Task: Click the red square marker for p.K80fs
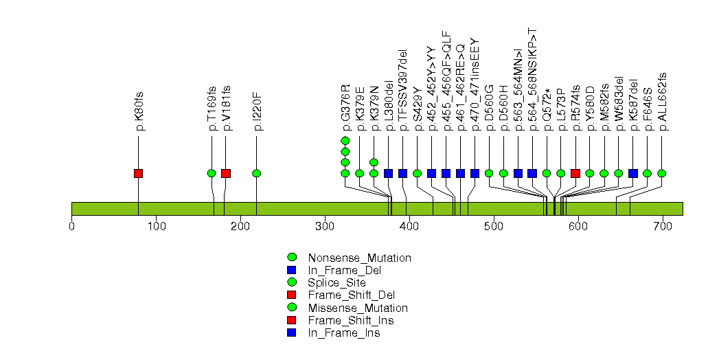pyautogui.click(x=138, y=173)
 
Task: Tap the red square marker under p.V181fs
pyautogui.click(x=226, y=173)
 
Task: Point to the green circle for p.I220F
pyautogui.click(x=256, y=173)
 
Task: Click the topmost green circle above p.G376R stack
pyautogui.click(x=345, y=141)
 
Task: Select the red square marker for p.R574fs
pyautogui.click(x=575, y=173)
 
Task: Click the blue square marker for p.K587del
pyautogui.click(x=633, y=173)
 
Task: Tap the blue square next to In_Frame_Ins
pyautogui.click(x=291, y=333)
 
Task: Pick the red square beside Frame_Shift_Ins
pyautogui.click(x=291, y=321)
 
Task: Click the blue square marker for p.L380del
pyautogui.click(x=389, y=173)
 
